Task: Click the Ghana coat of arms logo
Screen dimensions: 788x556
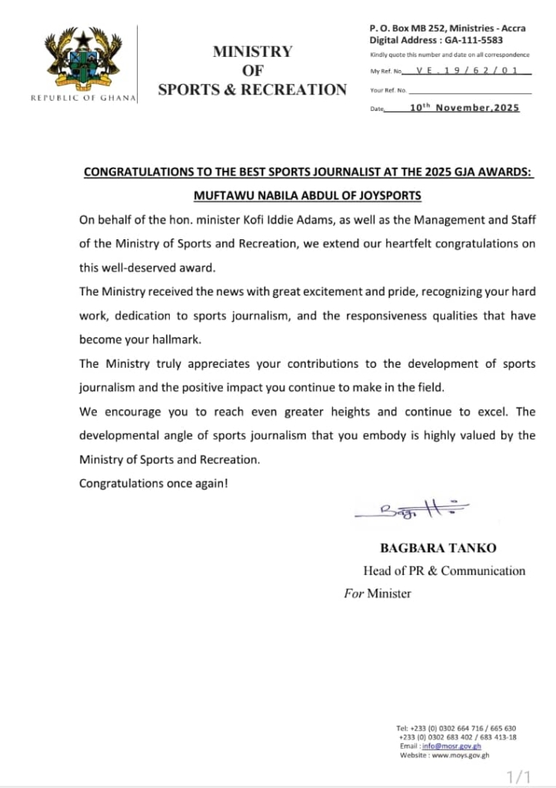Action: [82, 60]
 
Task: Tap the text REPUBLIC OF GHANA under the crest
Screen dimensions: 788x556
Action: [83, 98]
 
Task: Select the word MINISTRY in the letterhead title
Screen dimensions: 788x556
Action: [252, 52]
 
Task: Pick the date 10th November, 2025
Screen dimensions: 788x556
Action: [464, 108]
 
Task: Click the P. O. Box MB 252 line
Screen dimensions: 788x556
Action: [447, 28]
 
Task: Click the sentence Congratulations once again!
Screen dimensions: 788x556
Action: [154, 483]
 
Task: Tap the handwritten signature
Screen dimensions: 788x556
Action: [412, 509]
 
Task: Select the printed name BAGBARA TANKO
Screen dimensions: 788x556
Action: [438, 548]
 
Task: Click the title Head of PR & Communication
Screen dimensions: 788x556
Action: [444, 570]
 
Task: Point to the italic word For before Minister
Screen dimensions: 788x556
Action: [353, 593]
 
